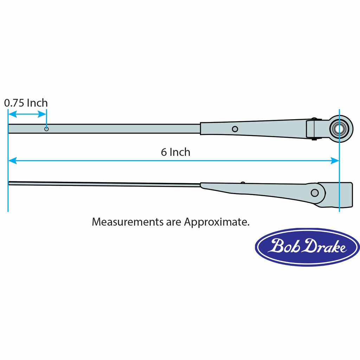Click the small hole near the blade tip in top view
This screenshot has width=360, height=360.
pos(46,129)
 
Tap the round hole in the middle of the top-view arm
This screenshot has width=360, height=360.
pos(235,129)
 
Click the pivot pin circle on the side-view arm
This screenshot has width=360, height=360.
pos(315,193)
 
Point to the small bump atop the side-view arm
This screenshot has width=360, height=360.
pos(242,182)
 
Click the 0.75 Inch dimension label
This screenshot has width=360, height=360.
pos(26,103)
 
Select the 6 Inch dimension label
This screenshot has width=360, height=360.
pos(175,152)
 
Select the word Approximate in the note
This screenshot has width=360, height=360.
pos(217,222)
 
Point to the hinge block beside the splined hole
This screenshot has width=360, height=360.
pos(314,129)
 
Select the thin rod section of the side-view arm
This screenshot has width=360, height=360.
pos(105,184)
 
